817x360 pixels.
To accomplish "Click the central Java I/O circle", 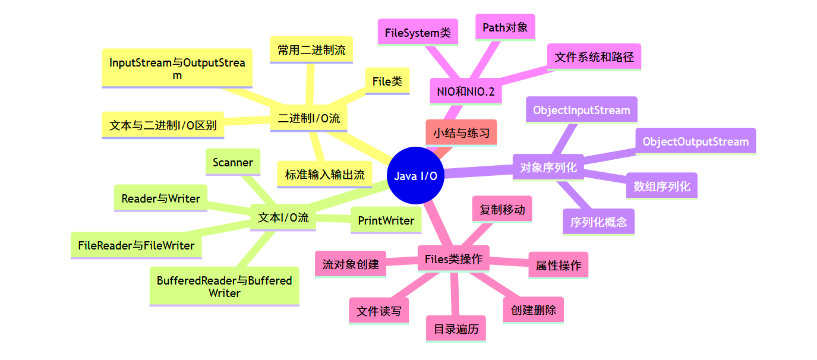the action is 415,176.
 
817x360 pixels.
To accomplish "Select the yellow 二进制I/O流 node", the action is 309,118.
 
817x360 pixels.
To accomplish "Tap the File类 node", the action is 387,81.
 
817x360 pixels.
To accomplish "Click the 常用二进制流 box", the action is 311,50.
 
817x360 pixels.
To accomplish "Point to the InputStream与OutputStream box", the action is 177,68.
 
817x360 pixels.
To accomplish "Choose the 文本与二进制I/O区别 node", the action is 163,125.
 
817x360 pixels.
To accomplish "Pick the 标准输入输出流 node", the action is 324,175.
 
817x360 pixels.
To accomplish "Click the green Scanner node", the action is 232,162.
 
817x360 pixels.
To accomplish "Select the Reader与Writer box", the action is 160,198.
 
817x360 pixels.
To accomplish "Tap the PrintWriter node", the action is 386,220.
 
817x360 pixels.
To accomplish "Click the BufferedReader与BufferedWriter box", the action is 224,286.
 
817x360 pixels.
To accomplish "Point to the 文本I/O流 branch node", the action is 283,217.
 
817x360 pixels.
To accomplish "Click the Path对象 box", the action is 505,27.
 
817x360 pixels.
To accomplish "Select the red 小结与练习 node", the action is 461,133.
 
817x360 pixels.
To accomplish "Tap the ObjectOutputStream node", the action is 695,141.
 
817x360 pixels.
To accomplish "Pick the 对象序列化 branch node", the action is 548,168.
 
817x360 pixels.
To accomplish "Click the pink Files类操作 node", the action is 453,259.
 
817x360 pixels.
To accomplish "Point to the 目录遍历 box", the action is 456,329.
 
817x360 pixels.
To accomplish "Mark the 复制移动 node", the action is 502,209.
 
